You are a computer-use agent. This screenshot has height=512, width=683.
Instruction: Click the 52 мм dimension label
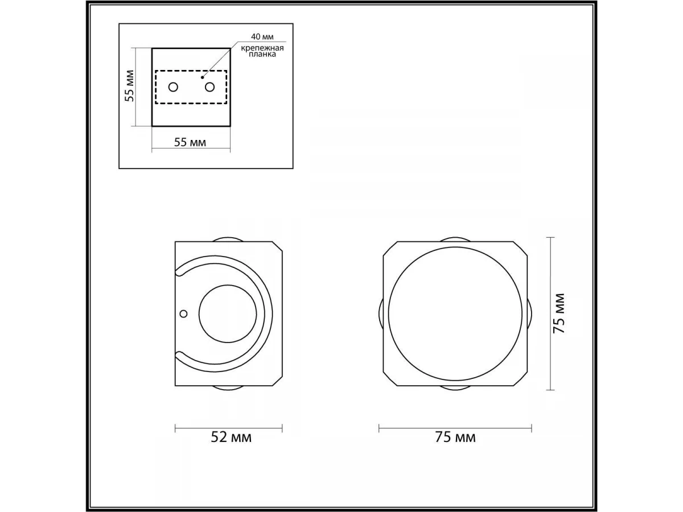coord(231,437)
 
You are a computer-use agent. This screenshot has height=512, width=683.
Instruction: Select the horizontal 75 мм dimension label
coord(455,437)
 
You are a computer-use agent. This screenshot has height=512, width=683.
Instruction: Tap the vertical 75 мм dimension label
coord(558,313)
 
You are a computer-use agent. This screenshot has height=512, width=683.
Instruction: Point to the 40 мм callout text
coord(262,36)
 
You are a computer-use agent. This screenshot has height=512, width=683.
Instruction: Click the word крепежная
coord(262,48)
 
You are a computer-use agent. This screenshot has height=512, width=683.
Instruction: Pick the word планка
coord(262,55)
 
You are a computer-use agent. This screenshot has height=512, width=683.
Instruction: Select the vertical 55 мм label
coord(129,86)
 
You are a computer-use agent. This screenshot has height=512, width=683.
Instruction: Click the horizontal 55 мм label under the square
coord(190,142)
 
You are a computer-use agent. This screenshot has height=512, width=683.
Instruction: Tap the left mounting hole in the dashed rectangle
coord(174,88)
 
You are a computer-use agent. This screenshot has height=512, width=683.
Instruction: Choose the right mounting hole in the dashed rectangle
coord(209,88)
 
